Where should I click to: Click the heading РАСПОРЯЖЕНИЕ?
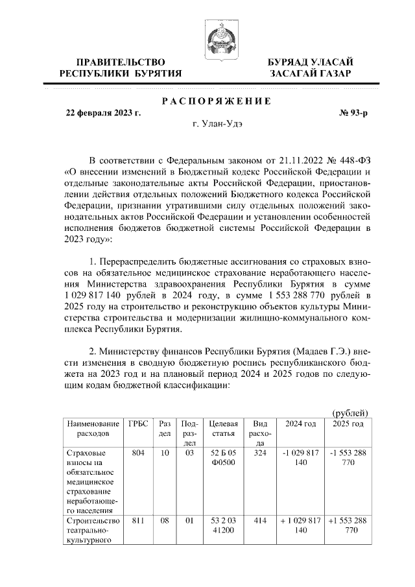coord(216,101)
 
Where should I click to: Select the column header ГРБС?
coord(138,424)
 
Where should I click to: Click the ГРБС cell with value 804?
coord(137,452)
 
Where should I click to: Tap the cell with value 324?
coord(261,452)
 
